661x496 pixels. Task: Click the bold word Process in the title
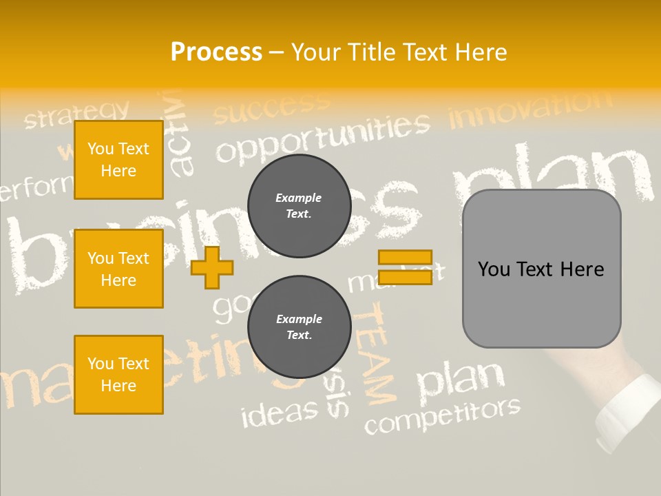[216, 52]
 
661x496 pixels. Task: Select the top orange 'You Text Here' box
[118, 160]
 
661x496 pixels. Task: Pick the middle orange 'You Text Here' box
[118, 269]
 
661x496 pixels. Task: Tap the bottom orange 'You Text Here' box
[118, 375]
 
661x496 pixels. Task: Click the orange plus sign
[212, 267]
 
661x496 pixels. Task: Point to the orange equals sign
[405, 267]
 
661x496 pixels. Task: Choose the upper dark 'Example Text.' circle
[299, 206]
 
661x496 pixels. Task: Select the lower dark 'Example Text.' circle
[299, 327]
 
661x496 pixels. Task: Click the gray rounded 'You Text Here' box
[541, 269]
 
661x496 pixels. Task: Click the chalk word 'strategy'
[76, 114]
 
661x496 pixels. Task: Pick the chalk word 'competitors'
[442, 415]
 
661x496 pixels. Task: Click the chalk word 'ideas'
[280, 411]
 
